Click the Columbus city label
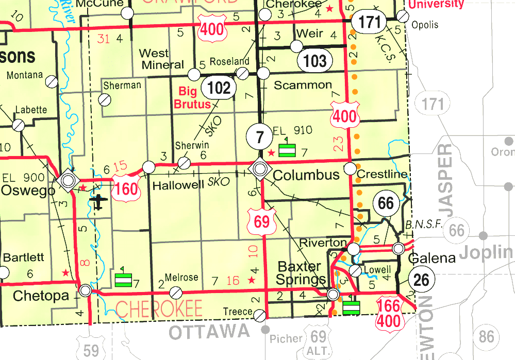[x=306, y=175]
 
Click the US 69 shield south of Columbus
[x=261, y=221]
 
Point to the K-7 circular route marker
[x=260, y=138]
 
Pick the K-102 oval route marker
[x=219, y=88]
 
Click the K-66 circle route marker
[x=386, y=203]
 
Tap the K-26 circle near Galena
[x=421, y=280]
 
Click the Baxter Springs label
[x=300, y=273]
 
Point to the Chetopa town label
[x=40, y=296]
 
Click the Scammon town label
[x=303, y=85]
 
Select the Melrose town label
[x=181, y=278]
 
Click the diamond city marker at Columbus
[x=259, y=168]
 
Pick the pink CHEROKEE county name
[x=159, y=308]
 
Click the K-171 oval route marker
[x=370, y=22]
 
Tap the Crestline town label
[x=381, y=175]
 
